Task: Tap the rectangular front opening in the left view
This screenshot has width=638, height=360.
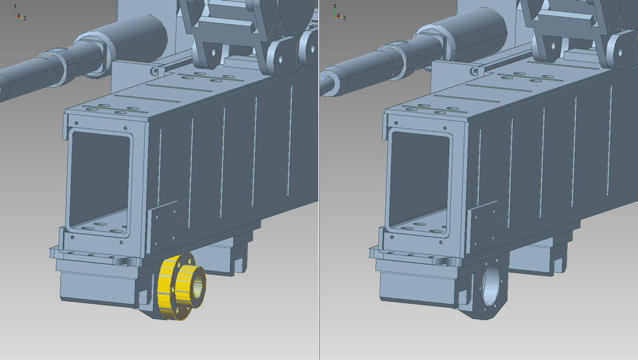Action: click(x=100, y=182)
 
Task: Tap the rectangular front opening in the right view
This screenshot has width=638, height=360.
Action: click(x=420, y=182)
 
